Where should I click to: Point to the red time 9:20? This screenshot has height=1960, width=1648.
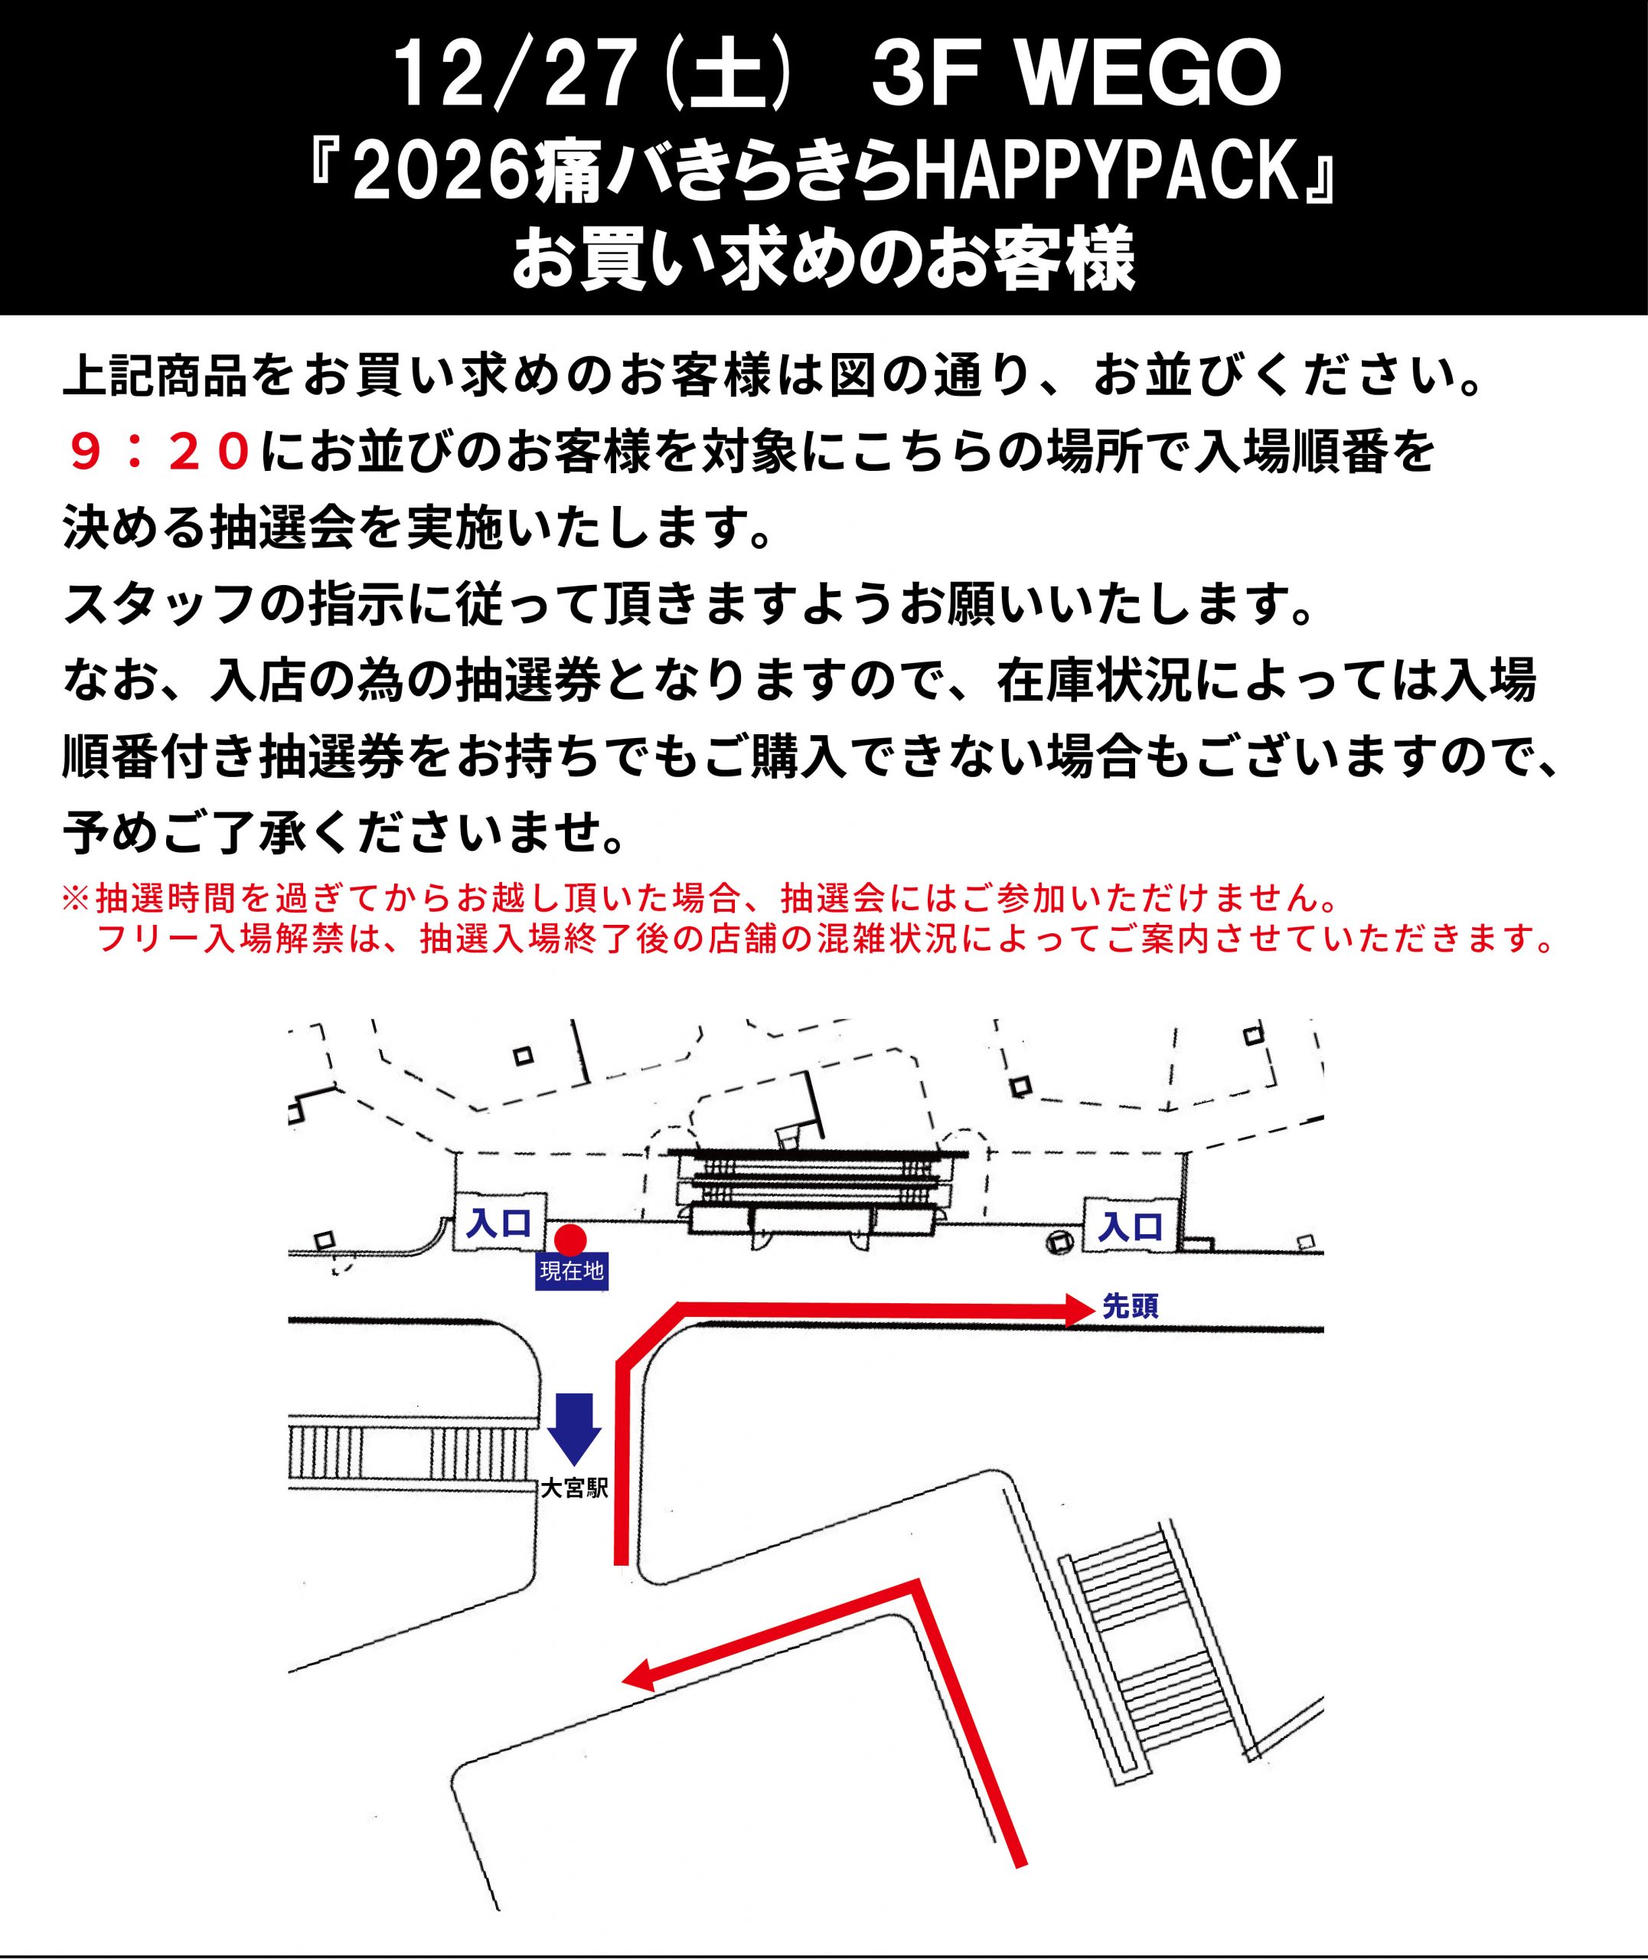click(x=160, y=453)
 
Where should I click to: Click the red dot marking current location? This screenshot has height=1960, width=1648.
click(x=571, y=1240)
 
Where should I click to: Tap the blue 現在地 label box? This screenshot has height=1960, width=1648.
click(x=572, y=1272)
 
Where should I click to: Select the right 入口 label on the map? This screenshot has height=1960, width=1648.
click(x=1131, y=1226)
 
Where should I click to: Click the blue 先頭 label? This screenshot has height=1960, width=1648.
click(x=1131, y=1307)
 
